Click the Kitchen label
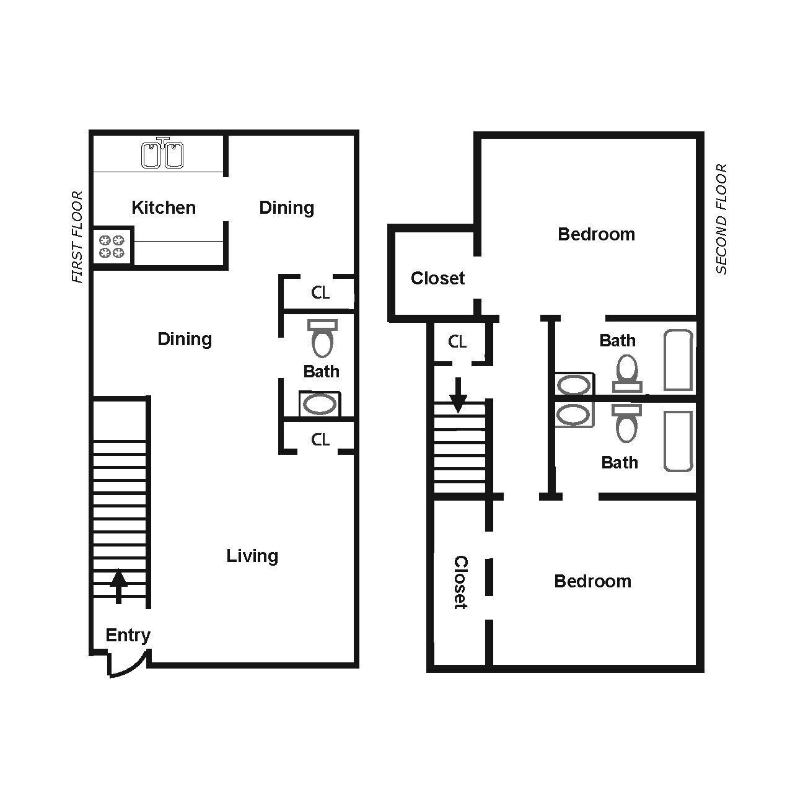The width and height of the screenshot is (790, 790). pyautogui.click(x=164, y=208)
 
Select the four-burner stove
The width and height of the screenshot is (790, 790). pyautogui.click(x=112, y=246)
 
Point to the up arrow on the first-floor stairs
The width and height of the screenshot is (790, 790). pyautogui.click(x=119, y=586)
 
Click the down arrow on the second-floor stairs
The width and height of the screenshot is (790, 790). pyautogui.click(x=458, y=395)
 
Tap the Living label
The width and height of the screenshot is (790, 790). pyautogui.click(x=252, y=556)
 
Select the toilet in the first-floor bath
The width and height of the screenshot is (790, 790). pyautogui.click(x=322, y=338)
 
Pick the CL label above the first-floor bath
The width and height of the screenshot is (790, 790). pyautogui.click(x=320, y=292)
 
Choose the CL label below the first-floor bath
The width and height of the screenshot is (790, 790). pyautogui.click(x=320, y=439)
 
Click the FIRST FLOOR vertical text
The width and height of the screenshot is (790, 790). pyautogui.click(x=77, y=237)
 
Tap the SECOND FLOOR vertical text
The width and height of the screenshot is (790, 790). pyautogui.click(x=721, y=219)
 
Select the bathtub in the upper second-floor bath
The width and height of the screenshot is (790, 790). pyautogui.click(x=678, y=361)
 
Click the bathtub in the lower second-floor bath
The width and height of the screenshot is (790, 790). pyautogui.click(x=678, y=441)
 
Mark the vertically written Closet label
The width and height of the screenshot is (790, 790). pyautogui.click(x=460, y=582)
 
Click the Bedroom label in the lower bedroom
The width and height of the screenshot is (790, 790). pyautogui.click(x=593, y=581)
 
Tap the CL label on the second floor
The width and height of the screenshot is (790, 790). pyautogui.click(x=457, y=341)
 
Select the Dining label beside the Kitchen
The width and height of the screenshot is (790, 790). pyautogui.click(x=286, y=208)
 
